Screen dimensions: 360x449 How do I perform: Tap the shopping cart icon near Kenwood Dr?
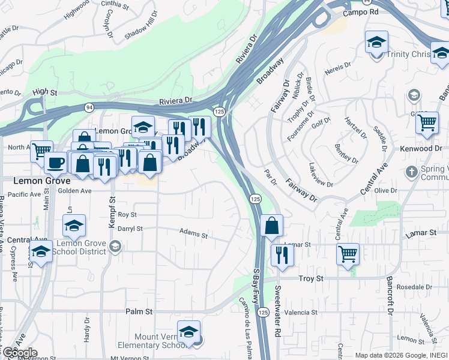pos(427,122)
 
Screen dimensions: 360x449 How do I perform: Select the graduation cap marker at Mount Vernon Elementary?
pos(188,332)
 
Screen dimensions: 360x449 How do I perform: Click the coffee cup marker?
pos(56,163)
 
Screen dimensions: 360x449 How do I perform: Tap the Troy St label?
pos(311,279)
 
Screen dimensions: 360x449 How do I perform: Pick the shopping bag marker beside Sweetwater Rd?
pos(272,227)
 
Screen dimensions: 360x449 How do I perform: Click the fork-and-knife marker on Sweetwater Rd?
pos(282,255)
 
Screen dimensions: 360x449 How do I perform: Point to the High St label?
pos(45,92)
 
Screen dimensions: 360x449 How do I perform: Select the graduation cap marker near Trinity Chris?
pos(376,42)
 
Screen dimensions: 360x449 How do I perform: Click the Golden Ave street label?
pos(74,191)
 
